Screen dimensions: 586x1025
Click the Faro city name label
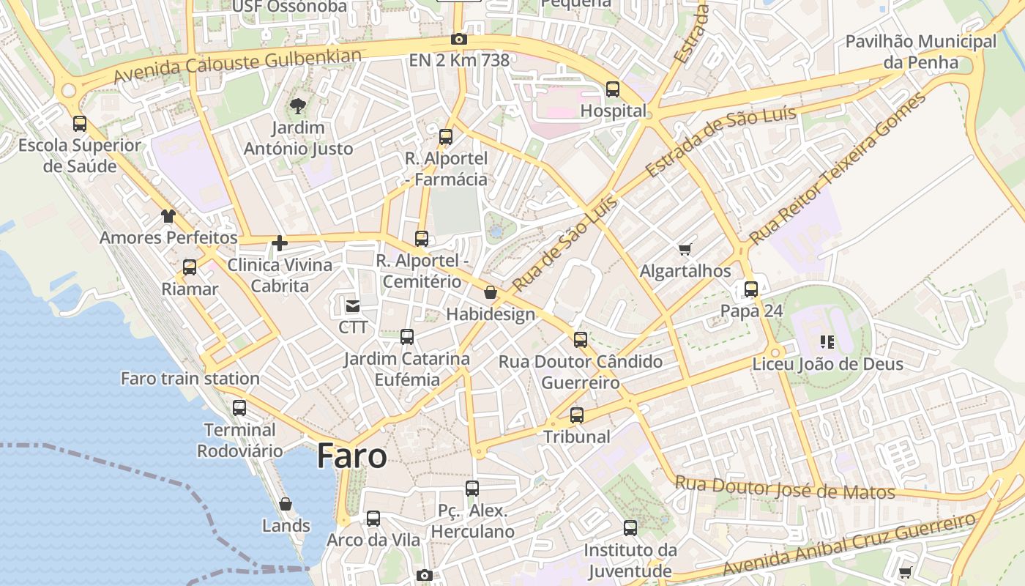351,456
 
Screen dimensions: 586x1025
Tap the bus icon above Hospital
613,89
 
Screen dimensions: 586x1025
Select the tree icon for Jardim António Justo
298,107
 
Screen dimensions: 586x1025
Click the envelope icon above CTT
353,305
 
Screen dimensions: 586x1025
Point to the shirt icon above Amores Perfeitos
168,216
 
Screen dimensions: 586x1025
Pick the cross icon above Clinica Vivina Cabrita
280,243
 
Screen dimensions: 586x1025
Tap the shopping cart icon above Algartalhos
685,250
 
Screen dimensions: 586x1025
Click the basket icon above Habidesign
491,293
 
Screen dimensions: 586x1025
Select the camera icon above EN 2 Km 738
459,40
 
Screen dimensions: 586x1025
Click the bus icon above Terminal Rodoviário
239,408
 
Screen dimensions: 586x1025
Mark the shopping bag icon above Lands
286,505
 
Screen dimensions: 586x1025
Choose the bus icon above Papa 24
751,289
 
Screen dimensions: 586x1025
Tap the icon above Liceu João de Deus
827,341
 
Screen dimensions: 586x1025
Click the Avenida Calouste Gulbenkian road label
238,66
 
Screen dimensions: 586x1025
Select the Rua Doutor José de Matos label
785,488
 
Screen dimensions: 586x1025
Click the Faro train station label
190,379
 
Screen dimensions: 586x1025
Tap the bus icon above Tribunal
577,415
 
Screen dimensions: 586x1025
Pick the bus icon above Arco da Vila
373,519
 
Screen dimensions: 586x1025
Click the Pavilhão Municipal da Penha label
920,51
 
